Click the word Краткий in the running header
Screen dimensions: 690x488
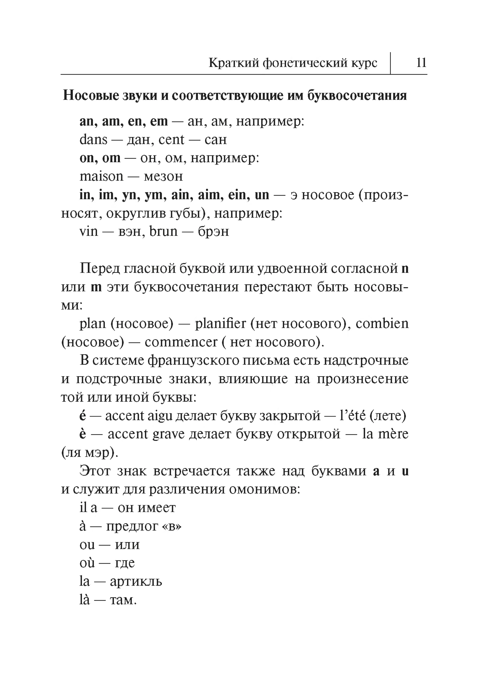tap(233, 63)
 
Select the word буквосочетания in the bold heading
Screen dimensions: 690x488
tap(357, 96)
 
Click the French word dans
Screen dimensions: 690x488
tap(93, 140)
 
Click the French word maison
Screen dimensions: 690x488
tap(101, 176)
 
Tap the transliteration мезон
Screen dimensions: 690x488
tap(163, 176)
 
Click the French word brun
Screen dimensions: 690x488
tap(163, 231)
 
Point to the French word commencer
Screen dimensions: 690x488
tap(181, 342)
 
